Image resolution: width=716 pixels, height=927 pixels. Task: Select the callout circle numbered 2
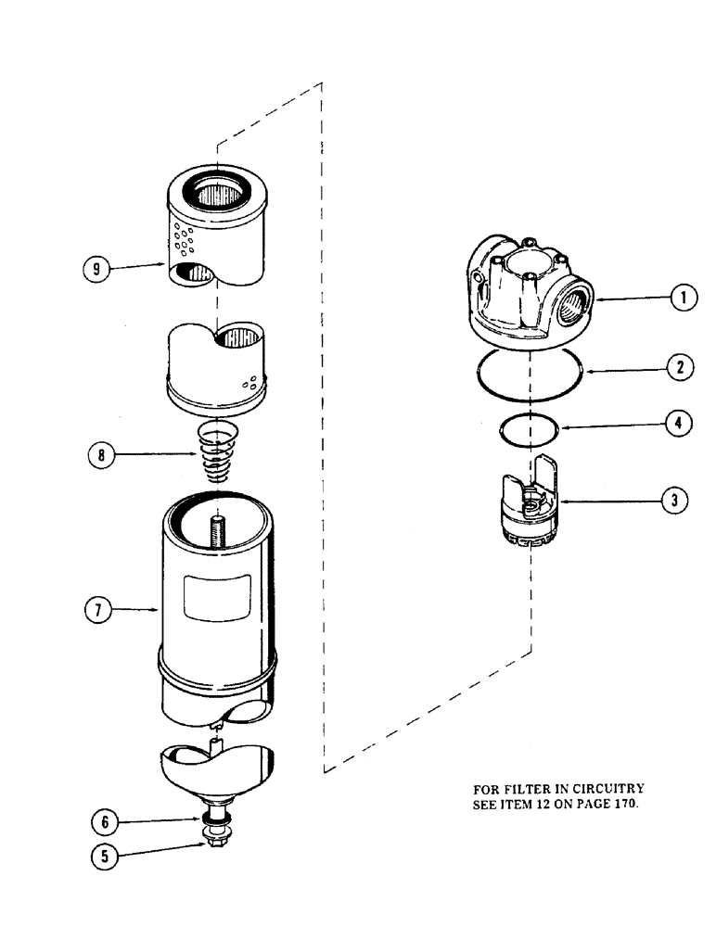click(680, 368)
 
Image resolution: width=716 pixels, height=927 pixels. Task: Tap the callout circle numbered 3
click(674, 501)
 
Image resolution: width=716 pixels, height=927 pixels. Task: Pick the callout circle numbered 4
click(677, 424)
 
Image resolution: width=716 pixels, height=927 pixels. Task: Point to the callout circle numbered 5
click(105, 857)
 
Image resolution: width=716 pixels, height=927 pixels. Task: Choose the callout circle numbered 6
click(105, 820)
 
